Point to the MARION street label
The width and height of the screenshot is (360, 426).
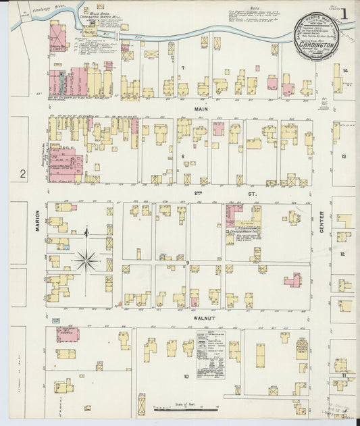(38, 221)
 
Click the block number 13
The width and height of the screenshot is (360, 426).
(343, 157)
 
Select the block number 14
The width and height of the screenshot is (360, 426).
(344, 71)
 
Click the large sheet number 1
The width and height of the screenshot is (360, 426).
(344, 14)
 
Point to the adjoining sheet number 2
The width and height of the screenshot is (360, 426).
(22, 174)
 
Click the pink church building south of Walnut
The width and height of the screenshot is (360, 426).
(68, 334)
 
